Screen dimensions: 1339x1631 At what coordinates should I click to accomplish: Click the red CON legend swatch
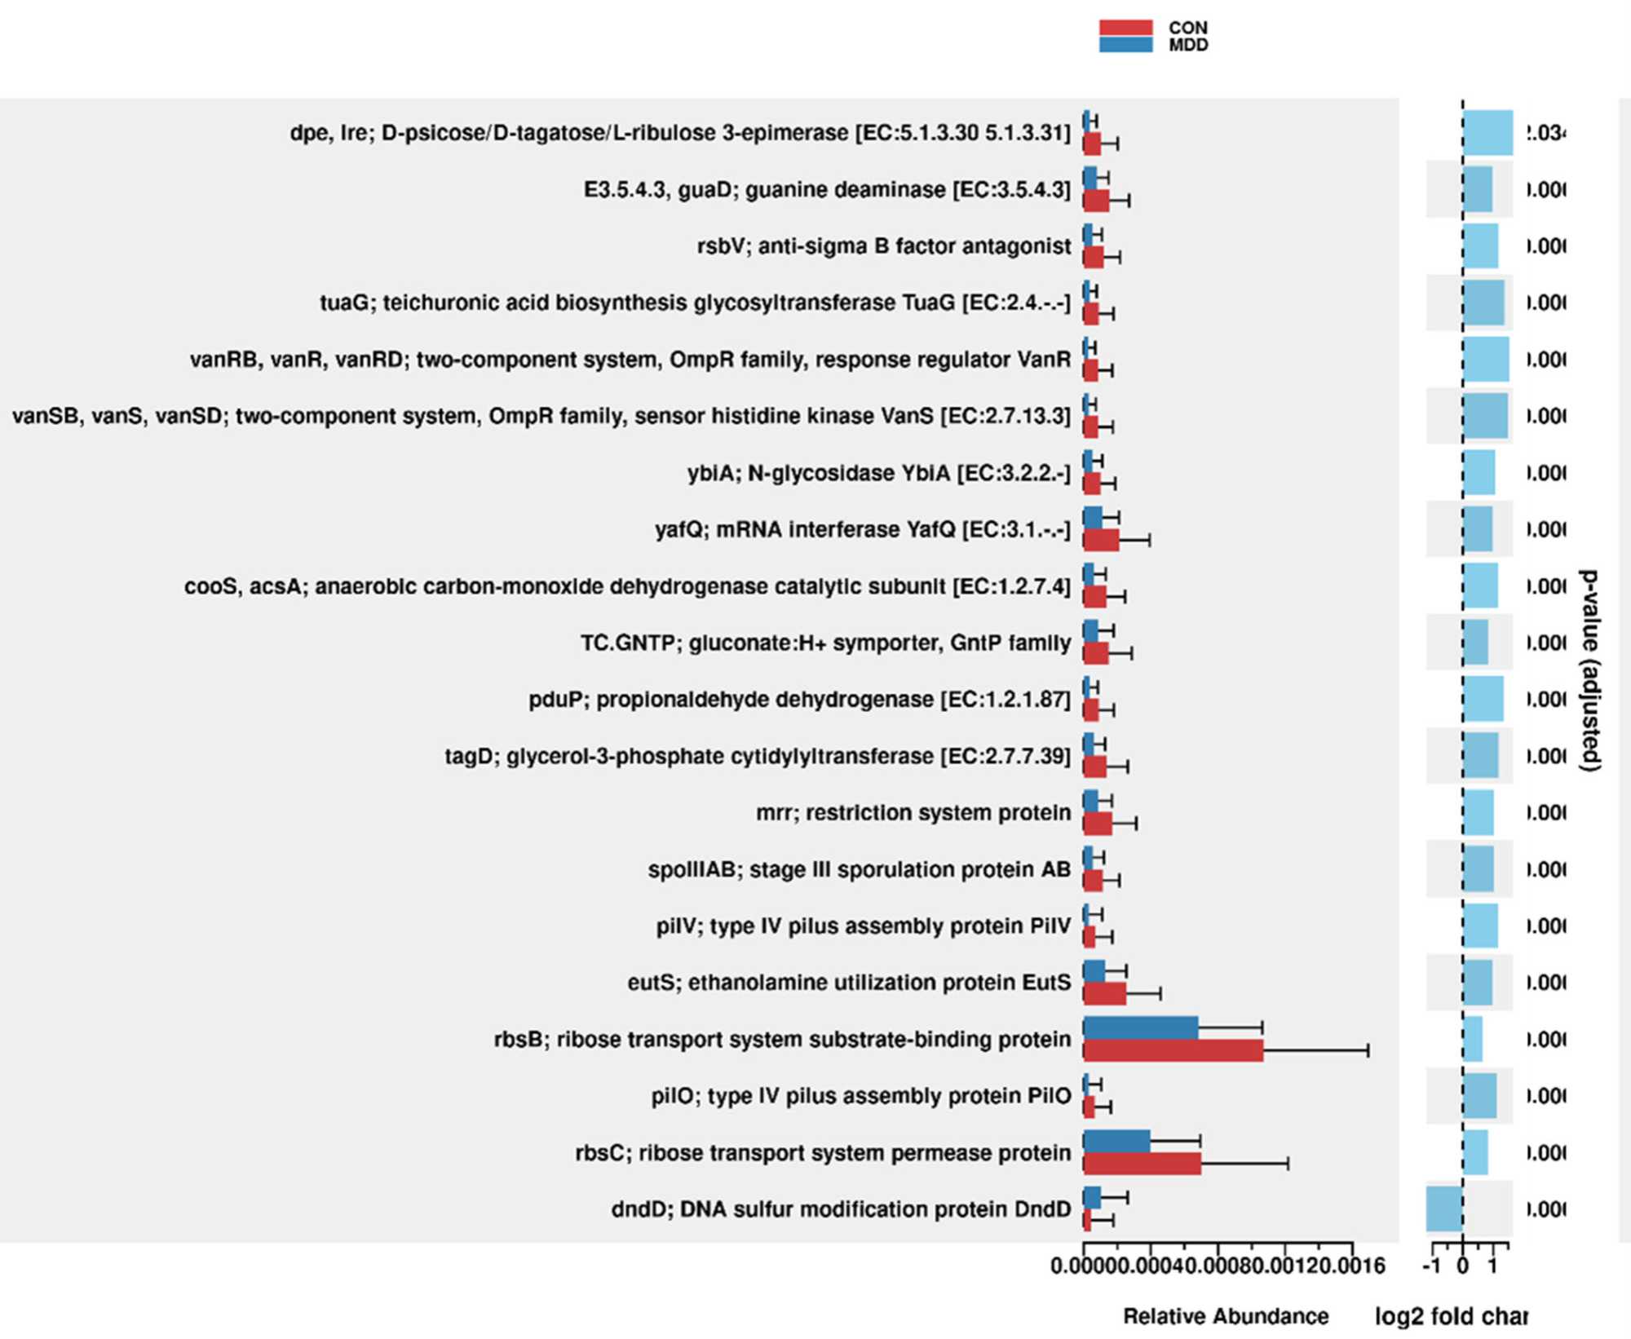point(1125,28)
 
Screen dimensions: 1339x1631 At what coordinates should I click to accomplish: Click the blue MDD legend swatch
point(1125,45)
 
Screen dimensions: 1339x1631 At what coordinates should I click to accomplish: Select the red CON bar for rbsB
point(1173,1051)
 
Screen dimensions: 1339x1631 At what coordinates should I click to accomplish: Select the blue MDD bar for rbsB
point(1140,1028)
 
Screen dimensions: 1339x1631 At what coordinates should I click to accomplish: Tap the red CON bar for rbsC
point(1142,1164)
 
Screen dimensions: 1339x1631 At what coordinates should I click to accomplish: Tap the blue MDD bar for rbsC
point(1116,1142)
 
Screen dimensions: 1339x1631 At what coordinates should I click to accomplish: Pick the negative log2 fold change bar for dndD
point(1444,1209)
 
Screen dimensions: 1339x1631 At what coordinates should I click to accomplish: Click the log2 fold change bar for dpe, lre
point(1487,133)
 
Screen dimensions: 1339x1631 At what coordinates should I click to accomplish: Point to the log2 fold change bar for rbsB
point(1473,1039)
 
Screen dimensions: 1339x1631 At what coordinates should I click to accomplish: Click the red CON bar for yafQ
point(1101,541)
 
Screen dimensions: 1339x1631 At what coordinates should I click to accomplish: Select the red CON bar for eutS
point(1104,994)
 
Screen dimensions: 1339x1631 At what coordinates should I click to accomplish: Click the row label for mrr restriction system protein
point(913,813)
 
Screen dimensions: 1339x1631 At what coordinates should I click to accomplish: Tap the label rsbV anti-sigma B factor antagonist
point(884,246)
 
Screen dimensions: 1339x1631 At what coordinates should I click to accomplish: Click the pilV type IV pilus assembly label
point(864,926)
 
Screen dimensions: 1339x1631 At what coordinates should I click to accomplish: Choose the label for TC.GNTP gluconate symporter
point(825,643)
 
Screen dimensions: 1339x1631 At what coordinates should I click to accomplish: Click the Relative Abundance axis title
point(1226,1316)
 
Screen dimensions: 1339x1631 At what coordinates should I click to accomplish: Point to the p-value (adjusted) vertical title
point(1589,670)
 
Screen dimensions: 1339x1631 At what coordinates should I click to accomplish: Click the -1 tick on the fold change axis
point(1432,1266)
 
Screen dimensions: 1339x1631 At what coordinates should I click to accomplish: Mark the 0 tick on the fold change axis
point(1463,1266)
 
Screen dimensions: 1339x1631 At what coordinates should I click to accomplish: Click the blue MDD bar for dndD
point(1092,1198)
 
